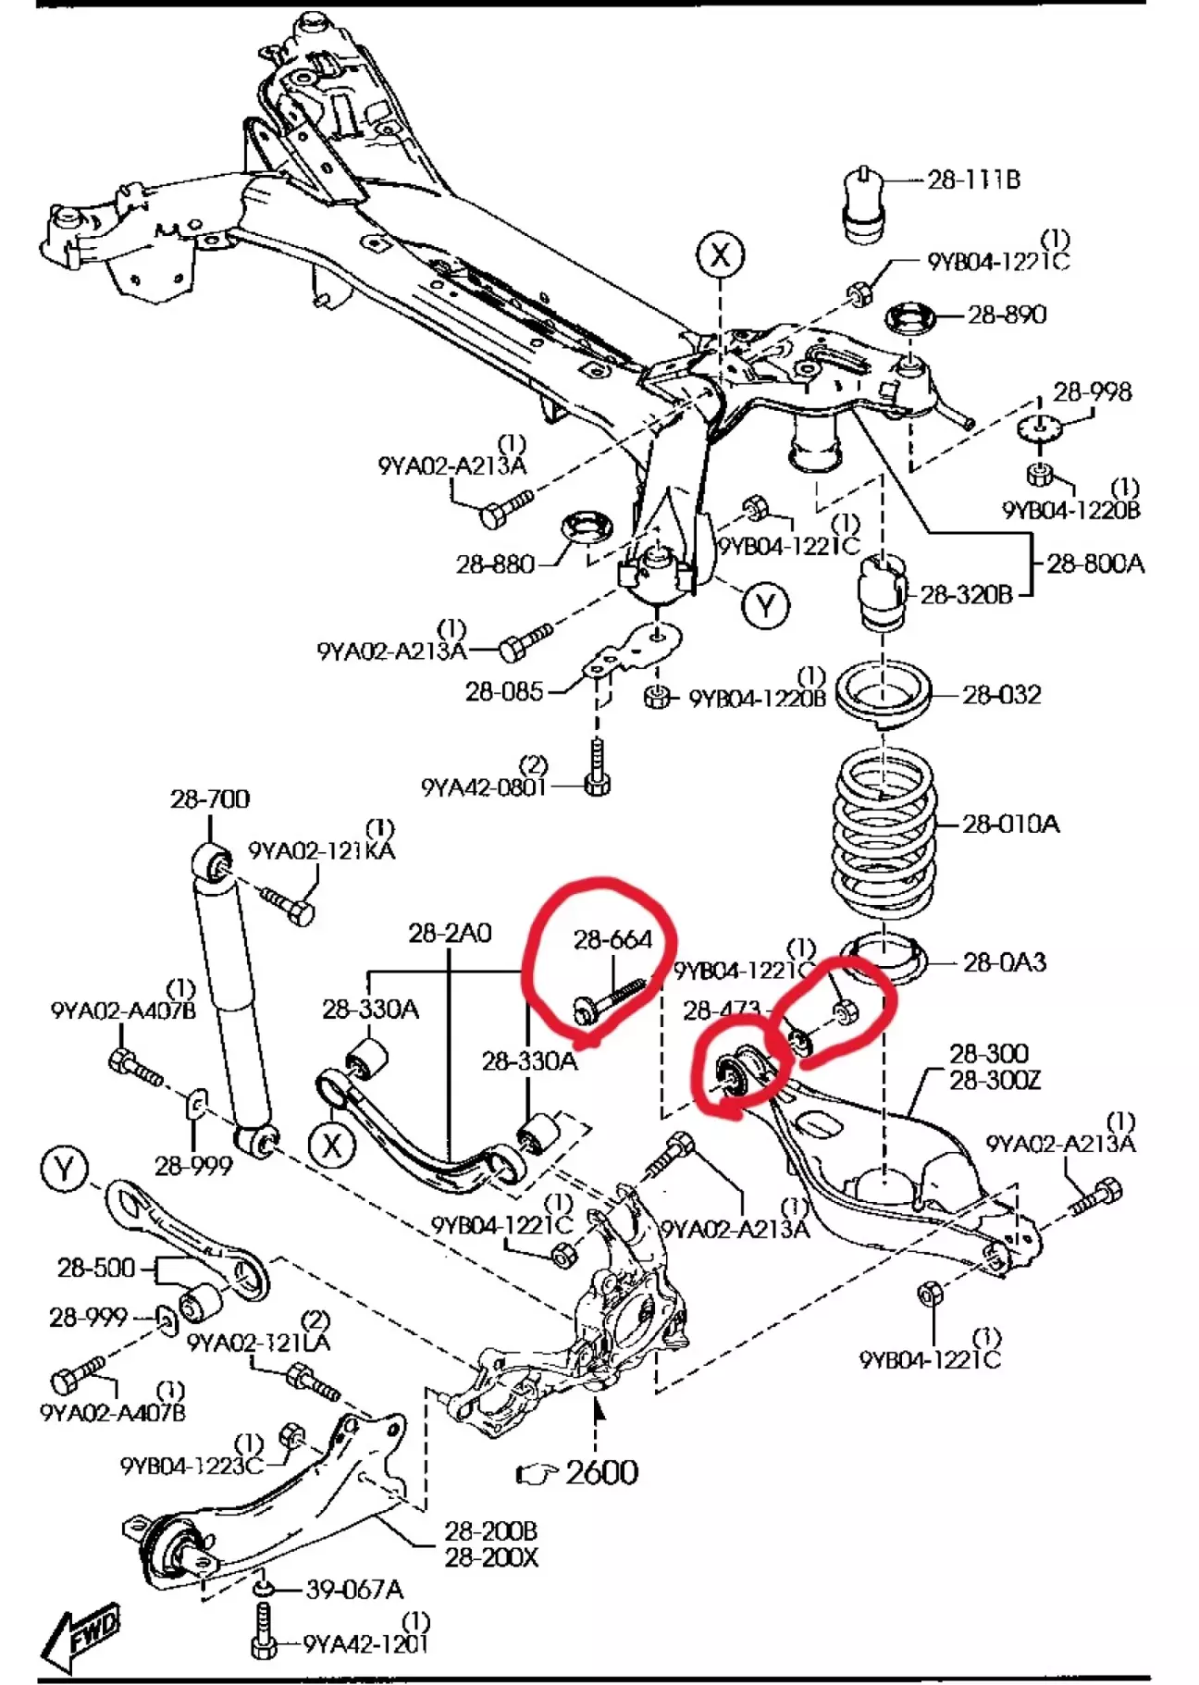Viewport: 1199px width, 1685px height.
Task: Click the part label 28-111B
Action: click(973, 180)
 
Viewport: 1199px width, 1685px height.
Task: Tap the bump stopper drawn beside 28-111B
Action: click(864, 208)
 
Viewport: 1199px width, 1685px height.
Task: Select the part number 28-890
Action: click(1007, 315)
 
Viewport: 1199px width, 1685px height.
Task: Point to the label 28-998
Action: click(1092, 391)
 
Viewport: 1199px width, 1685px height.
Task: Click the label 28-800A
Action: click(1095, 563)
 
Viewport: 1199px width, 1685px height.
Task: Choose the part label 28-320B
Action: click(966, 594)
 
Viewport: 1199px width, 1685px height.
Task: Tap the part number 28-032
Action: click(1002, 694)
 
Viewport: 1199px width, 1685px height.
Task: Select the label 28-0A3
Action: click(1005, 962)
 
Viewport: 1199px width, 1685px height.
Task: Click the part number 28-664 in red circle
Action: click(612, 939)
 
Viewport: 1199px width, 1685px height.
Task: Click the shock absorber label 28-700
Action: click(210, 799)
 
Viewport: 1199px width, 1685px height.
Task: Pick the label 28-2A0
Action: click(450, 933)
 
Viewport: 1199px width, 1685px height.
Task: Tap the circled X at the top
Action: click(721, 254)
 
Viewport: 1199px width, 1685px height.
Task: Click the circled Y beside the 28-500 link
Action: click(65, 1169)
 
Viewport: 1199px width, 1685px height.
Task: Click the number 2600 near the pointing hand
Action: click(601, 1471)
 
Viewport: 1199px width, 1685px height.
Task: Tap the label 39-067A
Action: click(355, 1589)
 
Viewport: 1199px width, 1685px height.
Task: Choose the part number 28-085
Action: click(504, 690)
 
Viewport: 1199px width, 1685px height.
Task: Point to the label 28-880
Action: click(495, 564)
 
